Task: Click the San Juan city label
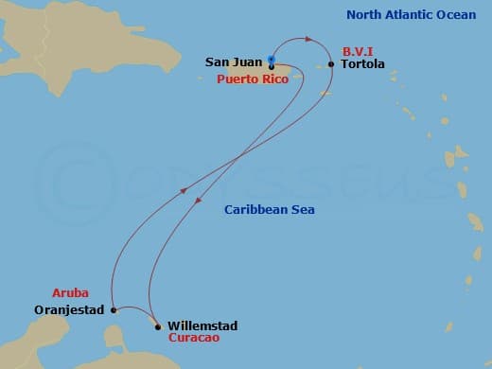click(x=233, y=62)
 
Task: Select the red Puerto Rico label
click(x=254, y=79)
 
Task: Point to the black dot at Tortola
click(x=330, y=64)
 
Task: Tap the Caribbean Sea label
click(x=270, y=209)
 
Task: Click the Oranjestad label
click(x=72, y=309)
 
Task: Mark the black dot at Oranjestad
click(x=113, y=309)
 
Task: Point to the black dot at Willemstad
click(x=158, y=326)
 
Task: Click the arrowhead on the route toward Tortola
click(x=309, y=39)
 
